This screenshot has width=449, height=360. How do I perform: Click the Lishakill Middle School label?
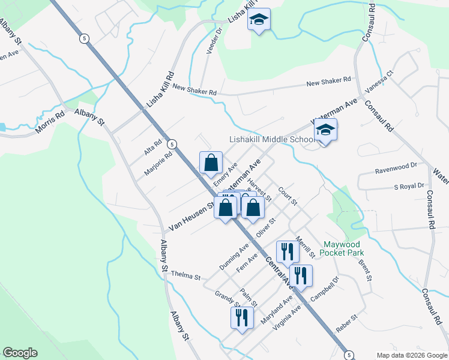272,139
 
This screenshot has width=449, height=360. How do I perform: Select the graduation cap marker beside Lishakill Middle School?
326,131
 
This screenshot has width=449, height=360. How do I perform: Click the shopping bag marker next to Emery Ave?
211,163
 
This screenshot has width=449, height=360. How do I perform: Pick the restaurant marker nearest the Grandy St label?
242,319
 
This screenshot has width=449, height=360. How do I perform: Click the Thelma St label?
185,275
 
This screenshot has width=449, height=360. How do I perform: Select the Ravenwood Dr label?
396,165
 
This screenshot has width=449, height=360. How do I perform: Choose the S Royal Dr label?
409,187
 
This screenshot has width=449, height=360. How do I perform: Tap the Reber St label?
347,320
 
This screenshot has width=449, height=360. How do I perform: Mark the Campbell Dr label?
330,287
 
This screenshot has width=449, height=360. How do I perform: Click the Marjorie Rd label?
158,163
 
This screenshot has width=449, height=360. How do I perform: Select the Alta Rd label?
153,146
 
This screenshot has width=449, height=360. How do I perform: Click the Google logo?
20,353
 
